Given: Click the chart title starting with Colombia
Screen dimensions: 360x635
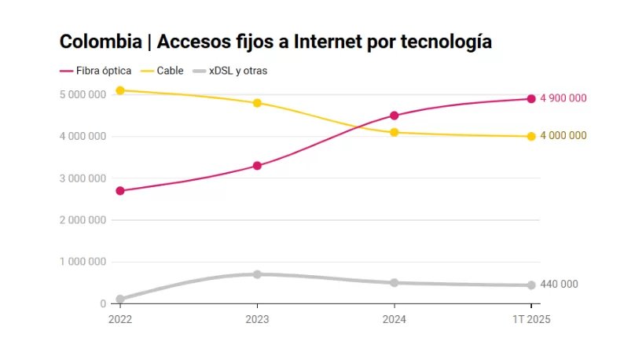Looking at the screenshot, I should (276, 42).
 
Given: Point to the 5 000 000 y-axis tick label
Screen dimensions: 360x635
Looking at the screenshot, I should (83, 94).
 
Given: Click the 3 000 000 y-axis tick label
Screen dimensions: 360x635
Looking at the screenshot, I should (83, 178).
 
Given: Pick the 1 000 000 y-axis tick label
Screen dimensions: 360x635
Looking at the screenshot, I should (83, 262).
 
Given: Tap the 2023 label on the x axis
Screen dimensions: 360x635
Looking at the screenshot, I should (257, 319).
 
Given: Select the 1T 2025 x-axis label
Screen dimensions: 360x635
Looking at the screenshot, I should (531, 319).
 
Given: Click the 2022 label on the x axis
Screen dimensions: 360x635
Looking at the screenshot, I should (120, 319).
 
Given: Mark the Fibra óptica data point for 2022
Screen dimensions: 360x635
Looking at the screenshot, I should (120, 191).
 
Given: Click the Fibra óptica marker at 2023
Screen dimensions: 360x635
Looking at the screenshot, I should (257, 166).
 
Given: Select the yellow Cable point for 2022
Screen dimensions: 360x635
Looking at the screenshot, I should (120, 90).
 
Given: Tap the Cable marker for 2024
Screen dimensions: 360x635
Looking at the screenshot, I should (395, 132).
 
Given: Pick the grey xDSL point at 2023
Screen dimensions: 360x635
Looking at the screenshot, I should (257, 274).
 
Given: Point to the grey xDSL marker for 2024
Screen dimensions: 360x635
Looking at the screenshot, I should (395, 283).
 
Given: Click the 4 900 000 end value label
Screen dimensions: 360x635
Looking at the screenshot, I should (563, 98).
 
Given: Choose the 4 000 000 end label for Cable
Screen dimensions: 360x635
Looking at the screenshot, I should (563, 136).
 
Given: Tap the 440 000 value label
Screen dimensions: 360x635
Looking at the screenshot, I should (560, 285).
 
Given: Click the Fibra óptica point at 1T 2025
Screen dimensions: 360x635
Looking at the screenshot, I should (531, 99).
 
